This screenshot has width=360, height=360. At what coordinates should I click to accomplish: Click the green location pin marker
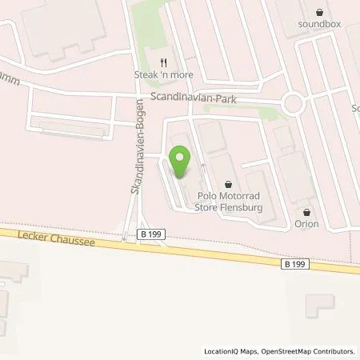tap(180, 161)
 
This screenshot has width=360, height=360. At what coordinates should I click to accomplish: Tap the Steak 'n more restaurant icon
tap(164, 62)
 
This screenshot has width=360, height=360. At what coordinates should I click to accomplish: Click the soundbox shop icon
tap(321, 12)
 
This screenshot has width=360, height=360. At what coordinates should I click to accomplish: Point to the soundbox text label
tap(321, 24)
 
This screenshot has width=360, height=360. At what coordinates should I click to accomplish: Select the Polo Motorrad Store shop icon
tap(229, 183)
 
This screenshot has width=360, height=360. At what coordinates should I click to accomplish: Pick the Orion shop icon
tap(306, 212)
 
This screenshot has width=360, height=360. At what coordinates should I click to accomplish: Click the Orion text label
tap(306, 224)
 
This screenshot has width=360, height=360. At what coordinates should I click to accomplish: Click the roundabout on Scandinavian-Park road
tap(294, 102)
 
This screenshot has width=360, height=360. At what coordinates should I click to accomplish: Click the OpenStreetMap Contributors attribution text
tap(311, 351)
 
